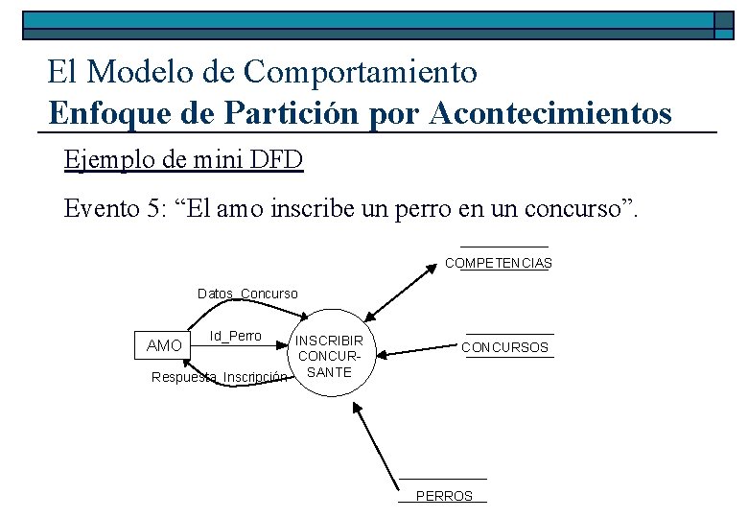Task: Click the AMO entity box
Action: click(163, 345)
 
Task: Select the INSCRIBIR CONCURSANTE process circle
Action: click(329, 356)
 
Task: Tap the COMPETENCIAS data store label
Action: click(499, 263)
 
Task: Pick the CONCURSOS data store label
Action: click(505, 347)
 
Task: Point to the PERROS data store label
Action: click(444, 496)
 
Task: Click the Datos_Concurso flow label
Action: click(247, 294)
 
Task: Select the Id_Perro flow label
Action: click(236, 336)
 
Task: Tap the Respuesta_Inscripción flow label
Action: click(220, 378)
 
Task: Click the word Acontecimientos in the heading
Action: click(551, 114)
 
